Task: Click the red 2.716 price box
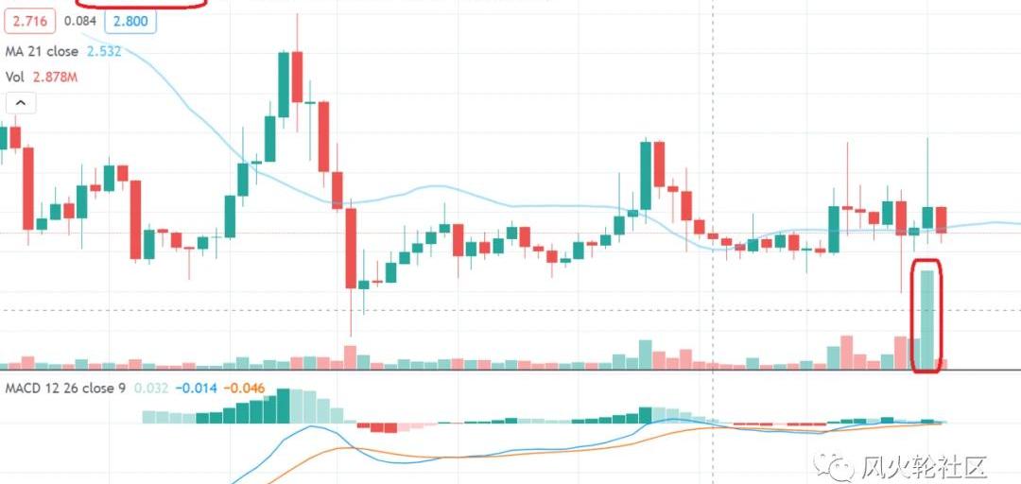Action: point(26,20)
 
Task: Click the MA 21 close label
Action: point(48,51)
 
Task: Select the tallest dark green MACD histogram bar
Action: point(283,406)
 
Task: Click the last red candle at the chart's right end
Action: point(941,219)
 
